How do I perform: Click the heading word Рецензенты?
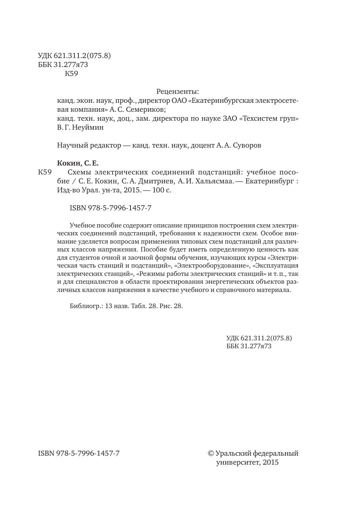pos(177,92)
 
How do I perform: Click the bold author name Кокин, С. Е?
pos(78,163)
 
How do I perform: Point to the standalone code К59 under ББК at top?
pos(71,74)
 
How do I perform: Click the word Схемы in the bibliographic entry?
pos(80,172)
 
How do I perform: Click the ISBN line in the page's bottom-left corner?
pos(79,453)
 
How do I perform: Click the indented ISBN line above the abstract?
pos(110,208)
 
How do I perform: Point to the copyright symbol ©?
pos(211,453)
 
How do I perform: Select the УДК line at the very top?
pos(74,56)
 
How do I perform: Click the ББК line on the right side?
pos(249,346)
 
